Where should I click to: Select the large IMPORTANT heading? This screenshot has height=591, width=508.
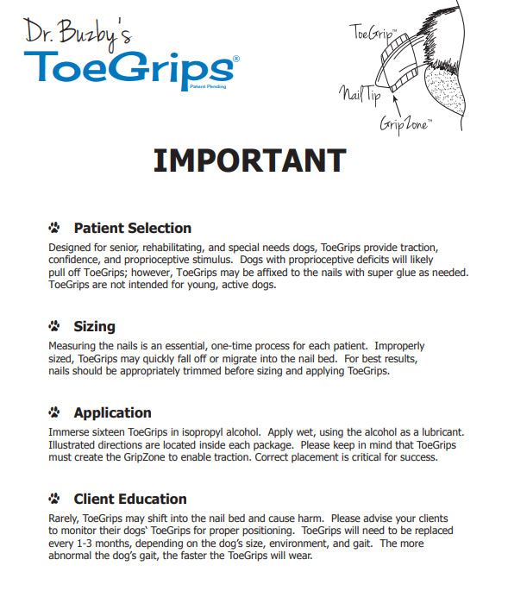(249, 160)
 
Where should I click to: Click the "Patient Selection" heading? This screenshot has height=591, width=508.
(132, 228)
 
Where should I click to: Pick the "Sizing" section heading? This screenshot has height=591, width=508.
(94, 326)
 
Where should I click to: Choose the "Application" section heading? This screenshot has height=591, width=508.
(112, 412)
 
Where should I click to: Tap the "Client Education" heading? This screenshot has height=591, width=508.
(129, 499)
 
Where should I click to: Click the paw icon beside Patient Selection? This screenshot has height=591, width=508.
(55, 229)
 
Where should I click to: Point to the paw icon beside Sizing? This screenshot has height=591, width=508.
(55, 327)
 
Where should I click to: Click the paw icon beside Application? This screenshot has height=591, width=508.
(55, 413)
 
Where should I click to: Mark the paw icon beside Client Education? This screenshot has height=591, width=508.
(55, 500)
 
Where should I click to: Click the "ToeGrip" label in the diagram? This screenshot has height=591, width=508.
(373, 33)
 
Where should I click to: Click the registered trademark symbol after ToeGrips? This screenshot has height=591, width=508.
(236, 58)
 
